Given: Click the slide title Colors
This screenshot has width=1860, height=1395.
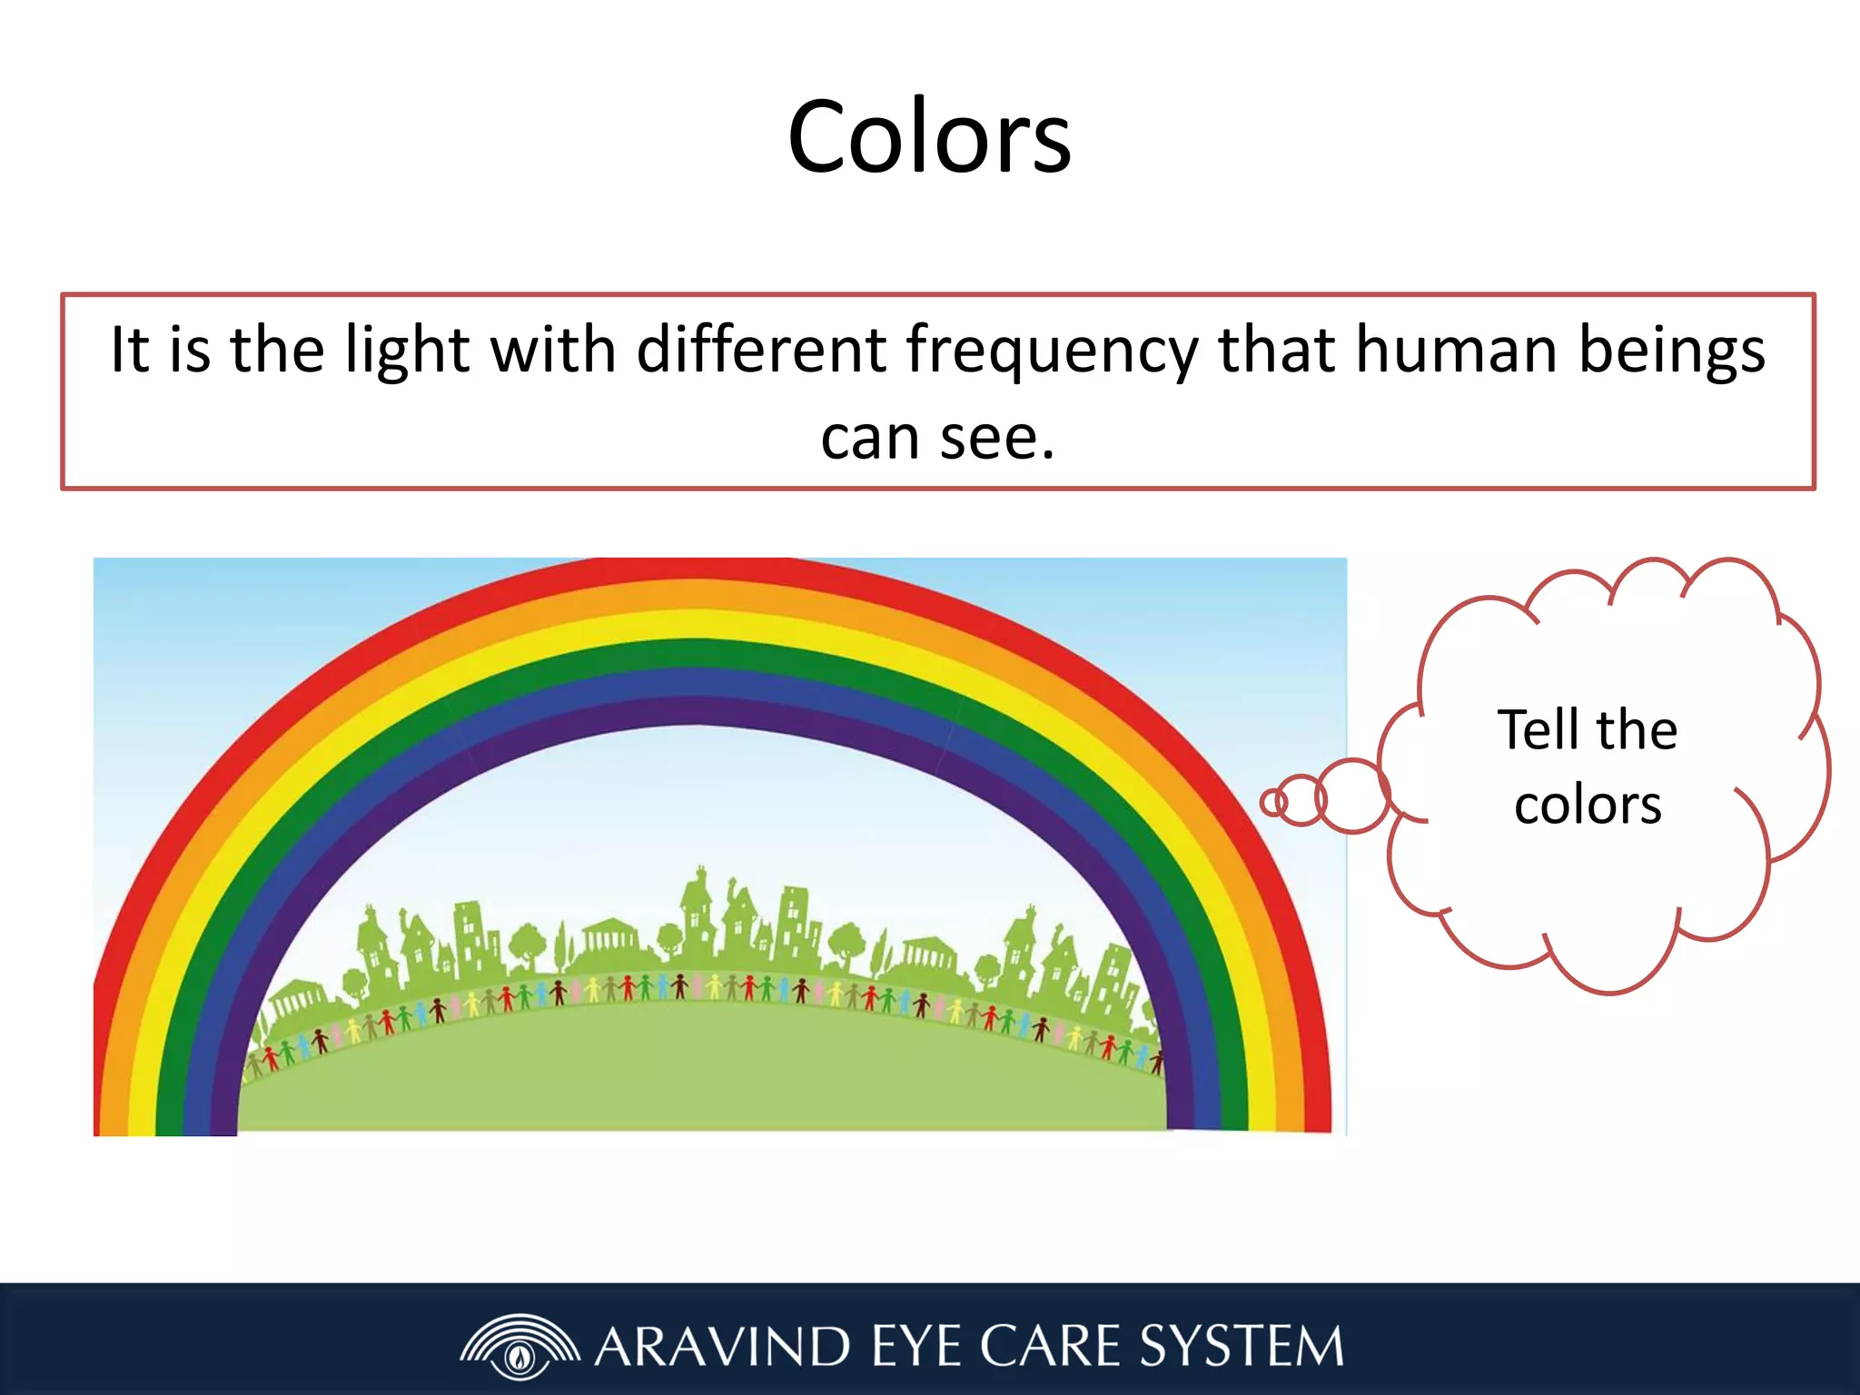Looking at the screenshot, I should click(929, 138).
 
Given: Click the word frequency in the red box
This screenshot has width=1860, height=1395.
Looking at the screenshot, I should click(1052, 351).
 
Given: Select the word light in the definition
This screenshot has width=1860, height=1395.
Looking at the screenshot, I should click(407, 351).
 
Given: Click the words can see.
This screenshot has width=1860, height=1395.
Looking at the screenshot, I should click(937, 438).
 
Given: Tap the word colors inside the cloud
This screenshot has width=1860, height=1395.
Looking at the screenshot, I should click(1588, 805).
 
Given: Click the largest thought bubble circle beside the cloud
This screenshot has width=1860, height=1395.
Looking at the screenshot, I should click(1352, 796).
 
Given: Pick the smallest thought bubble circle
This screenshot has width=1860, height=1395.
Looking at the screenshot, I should click(1273, 802).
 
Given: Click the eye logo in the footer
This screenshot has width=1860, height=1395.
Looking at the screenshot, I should click(519, 1346).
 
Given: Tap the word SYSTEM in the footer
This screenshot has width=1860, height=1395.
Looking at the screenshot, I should click(1241, 1346).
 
